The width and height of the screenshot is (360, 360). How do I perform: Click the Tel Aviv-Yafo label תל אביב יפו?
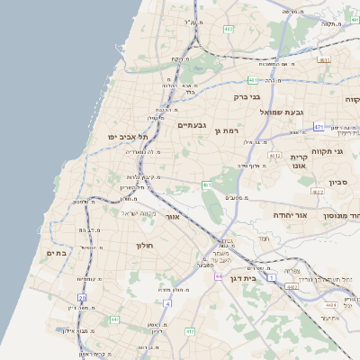[x=125, y=137]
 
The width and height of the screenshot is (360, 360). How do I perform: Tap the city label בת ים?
[x=57, y=254]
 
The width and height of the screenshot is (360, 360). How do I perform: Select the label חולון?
[x=146, y=245]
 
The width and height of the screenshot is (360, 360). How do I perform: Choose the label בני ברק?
[x=246, y=96]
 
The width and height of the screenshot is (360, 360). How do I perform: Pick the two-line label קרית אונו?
[x=300, y=161]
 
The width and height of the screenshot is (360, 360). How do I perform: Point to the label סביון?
[x=337, y=183]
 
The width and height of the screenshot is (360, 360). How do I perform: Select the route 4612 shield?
[x=274, y=155]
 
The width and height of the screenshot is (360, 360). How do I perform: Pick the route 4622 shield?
[x=318, y=192]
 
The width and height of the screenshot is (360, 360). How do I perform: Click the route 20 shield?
[x=82, y=296]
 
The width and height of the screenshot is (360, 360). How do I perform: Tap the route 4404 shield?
[x=320, y=304]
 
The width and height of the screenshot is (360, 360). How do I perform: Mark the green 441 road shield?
[x=114, y=319]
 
